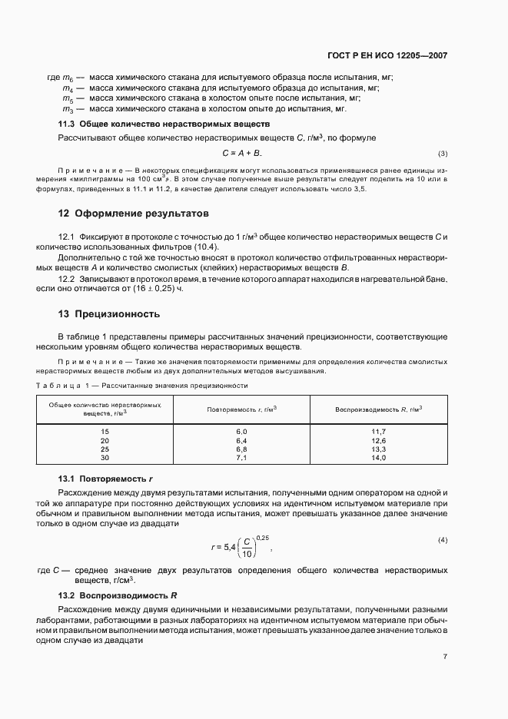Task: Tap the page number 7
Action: coord(445,657)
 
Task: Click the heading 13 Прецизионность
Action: coord(110,313)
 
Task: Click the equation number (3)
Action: coord(443,154)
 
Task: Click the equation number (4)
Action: coord(443,540)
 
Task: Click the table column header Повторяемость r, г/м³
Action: coord(241,409)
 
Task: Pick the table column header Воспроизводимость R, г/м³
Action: coord(378,409)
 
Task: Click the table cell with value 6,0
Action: coord(241,432)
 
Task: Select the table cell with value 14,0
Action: coord(378,458)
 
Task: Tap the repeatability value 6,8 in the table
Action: coord(241,449)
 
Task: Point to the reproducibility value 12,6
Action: coord(378,441)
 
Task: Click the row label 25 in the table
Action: coord(105,449)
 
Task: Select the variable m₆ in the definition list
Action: coord(67,78)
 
